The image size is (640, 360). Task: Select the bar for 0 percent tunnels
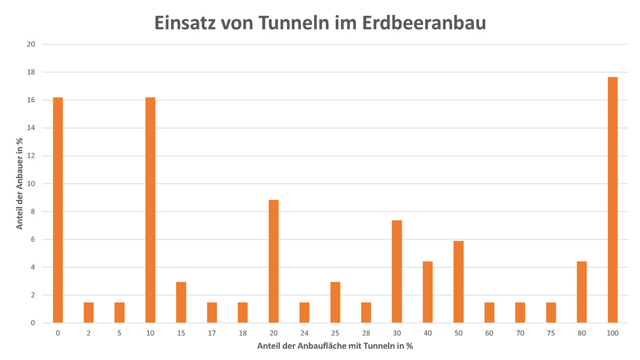(58, 210)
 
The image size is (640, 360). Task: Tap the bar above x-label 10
(150, 210)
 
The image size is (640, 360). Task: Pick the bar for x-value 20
(273, 261)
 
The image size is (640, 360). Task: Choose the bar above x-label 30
(397, 271)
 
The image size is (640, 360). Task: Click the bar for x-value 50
(458, 282)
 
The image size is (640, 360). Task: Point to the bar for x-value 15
(181, 302)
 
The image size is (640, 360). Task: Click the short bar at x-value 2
(88, 313)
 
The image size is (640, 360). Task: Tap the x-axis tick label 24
(304, 333)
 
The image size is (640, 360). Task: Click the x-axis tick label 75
(551, 333)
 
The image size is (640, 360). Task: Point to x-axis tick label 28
(366, 333)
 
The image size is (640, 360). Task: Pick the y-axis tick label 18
(31, 72)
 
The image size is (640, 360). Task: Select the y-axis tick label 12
(31, 156)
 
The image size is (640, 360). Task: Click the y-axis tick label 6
(33, 240)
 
